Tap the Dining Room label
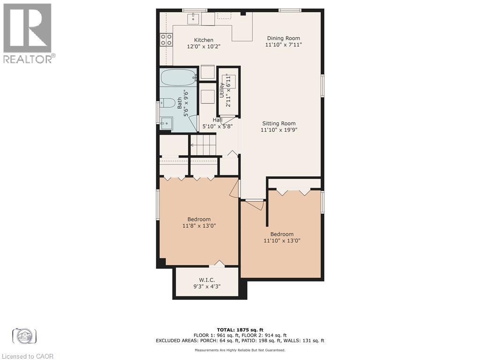coord(283,38)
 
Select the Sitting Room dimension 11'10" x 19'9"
coord(279,130)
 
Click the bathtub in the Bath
coord(178,76)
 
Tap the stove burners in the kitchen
coord(165,39)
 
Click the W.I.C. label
coord(203,279)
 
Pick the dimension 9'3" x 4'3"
coord(203,286)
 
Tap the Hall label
coord(217,120)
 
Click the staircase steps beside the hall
coord(204,145)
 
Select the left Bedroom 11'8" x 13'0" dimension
coord(199,225)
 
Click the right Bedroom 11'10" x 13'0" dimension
coord(281,240)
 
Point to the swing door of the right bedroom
coord(255,205)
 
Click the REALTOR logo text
coord(29,59)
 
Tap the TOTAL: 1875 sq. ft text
coord(240,330)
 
